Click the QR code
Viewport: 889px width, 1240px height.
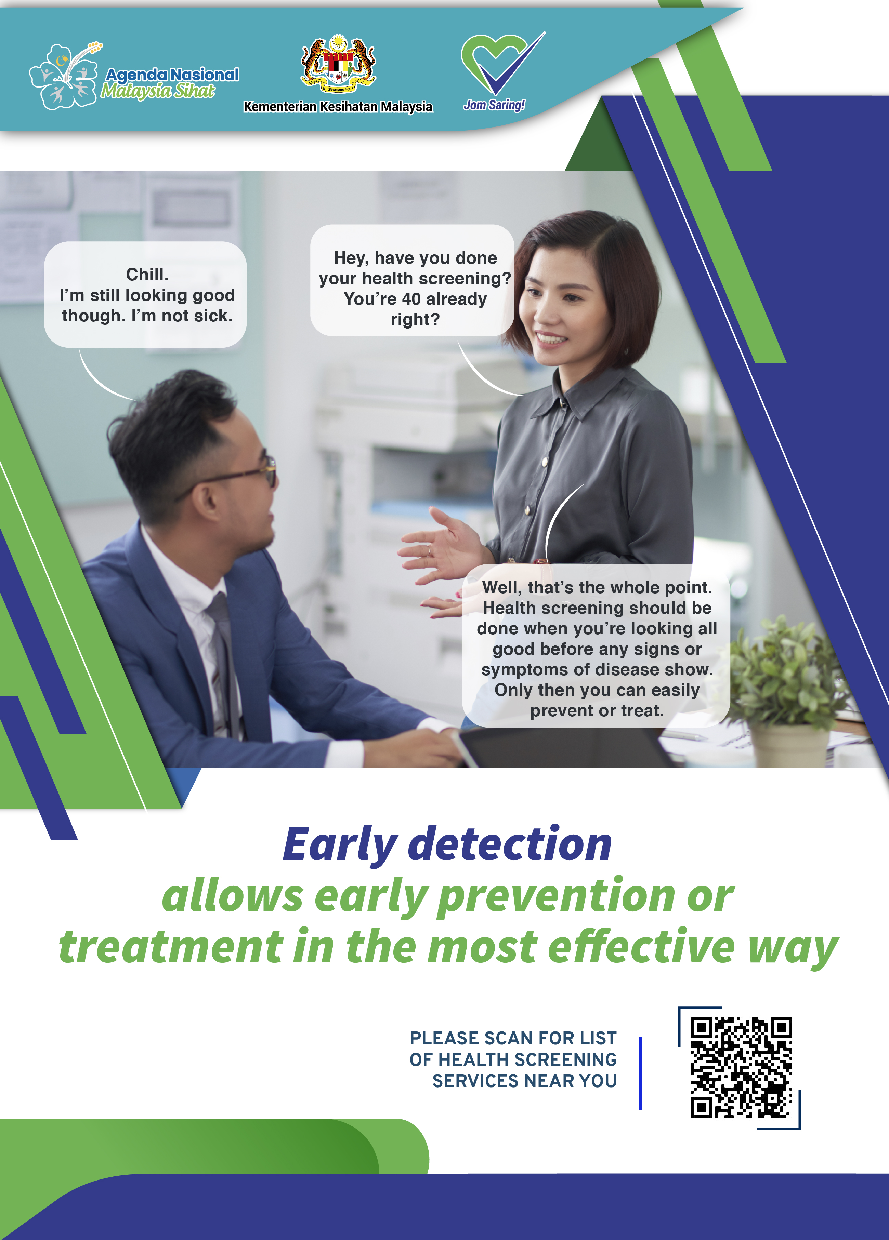coord(741,1067)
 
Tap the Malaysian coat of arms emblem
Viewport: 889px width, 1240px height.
coord(338,65)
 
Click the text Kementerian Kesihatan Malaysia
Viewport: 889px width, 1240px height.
coord(338,107)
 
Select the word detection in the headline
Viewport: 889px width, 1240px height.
coord(510,845)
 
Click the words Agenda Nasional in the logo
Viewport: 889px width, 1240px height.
coord(172,74)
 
